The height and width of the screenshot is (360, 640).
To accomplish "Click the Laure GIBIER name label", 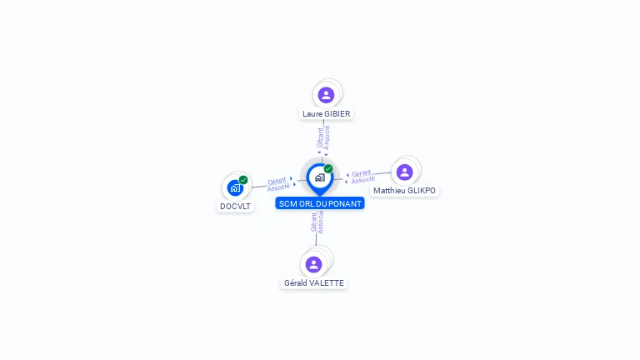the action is coord(327,113).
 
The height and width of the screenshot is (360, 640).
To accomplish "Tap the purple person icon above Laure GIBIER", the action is coord(326,95).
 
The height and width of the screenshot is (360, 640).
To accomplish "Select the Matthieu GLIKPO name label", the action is coord(404,191).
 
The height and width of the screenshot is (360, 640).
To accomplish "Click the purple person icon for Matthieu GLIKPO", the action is coord(404,172).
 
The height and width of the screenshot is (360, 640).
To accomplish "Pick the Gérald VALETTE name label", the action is coord(313,283).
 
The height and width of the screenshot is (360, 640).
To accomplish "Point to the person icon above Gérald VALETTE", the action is coord(313,264).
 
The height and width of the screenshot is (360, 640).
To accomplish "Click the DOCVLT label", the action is coord(235,207).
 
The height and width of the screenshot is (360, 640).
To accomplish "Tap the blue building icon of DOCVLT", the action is coord(234,187).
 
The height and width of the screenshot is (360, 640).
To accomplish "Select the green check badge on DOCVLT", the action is coord(243,180).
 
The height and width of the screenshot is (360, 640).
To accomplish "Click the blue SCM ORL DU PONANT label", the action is coord(320,203).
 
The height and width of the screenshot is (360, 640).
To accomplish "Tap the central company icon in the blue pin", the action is coord(319,177).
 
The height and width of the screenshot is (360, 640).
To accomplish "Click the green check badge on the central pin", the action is coord(328,169).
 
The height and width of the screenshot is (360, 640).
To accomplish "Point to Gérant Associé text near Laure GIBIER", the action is coord(323,137).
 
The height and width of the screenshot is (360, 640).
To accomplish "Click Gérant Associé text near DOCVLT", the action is coord(278,184).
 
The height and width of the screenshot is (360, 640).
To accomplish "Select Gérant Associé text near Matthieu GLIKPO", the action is coord(362,177).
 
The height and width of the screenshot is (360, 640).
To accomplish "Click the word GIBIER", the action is coord(337,113).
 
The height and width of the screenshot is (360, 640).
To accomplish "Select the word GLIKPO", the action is coord(421,191).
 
